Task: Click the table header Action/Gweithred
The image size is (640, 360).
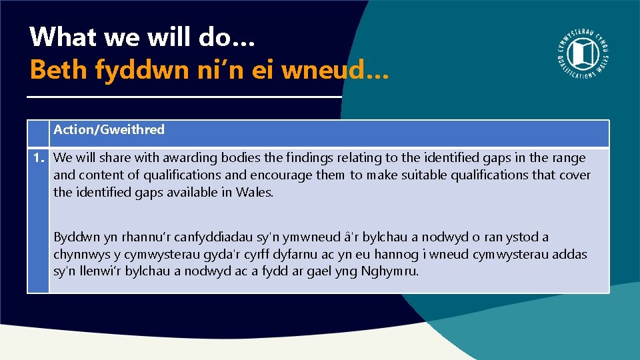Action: tap(109, 130)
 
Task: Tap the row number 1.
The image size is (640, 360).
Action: tap(37, 158)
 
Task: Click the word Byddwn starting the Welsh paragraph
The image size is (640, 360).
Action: tap(75, 237)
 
